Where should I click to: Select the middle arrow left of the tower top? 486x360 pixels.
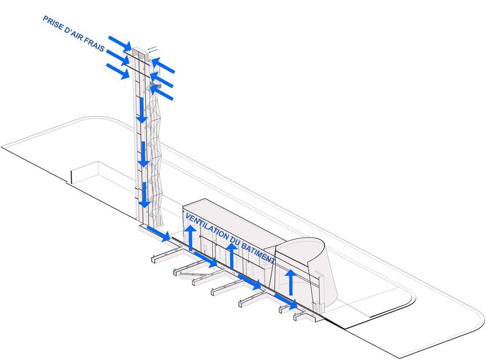118,58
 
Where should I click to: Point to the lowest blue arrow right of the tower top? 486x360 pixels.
161,92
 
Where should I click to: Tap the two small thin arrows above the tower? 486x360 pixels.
154,47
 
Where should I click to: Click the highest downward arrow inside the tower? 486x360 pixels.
141,109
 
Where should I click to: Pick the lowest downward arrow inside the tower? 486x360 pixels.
145,195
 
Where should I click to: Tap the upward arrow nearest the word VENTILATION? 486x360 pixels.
190,237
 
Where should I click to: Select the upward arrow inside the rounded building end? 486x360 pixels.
291,281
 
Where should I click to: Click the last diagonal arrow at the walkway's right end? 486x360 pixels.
286,300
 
